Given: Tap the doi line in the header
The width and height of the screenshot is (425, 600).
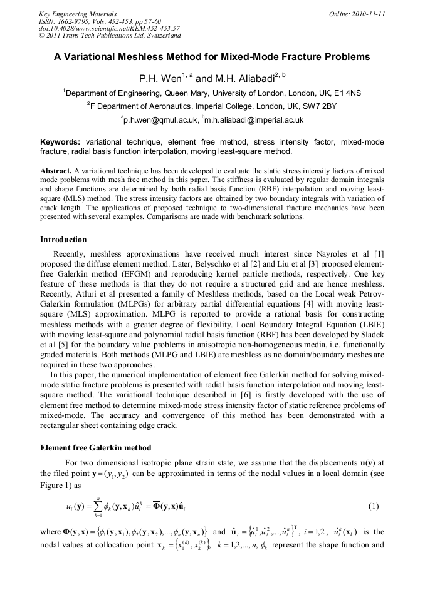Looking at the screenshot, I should [109, 29].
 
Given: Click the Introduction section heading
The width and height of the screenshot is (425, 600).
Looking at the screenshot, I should [63, 240].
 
